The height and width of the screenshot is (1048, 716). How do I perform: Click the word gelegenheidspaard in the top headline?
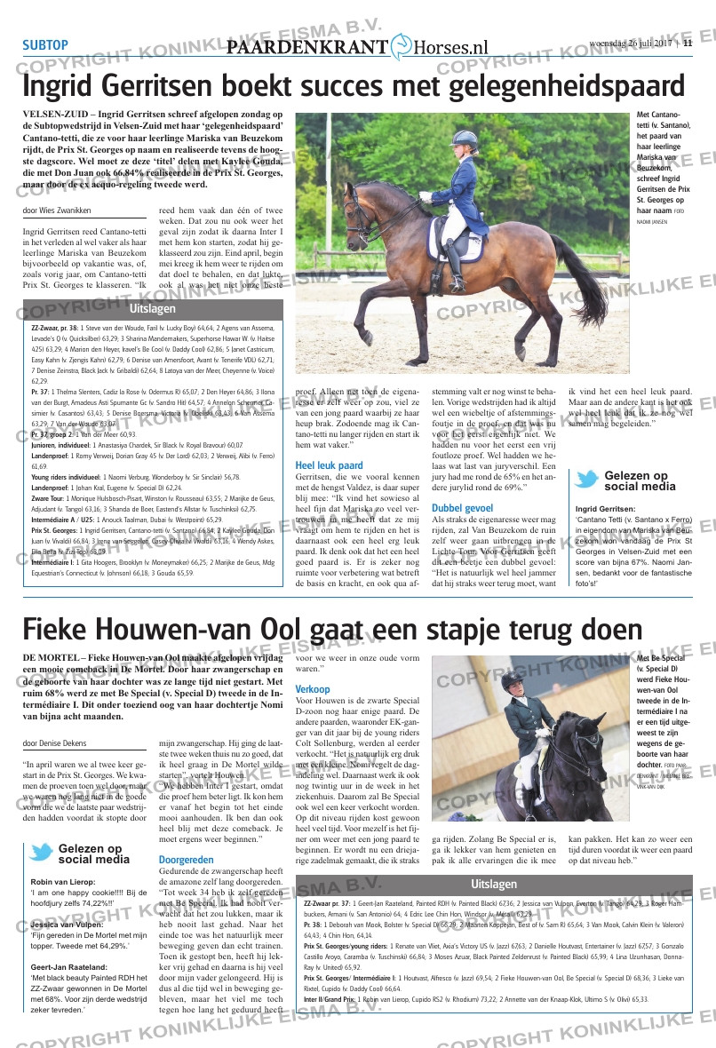(x=569, y=87)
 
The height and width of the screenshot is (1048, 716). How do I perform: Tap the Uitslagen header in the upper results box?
(x=153, y=309)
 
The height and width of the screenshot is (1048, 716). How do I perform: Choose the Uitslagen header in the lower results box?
(x=493, y=859)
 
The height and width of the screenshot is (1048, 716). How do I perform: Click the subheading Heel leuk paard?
(x=329, y=464)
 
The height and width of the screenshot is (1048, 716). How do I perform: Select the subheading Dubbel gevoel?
(x=461, y=507)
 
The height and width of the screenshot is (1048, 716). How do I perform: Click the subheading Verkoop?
(x=312, y=688)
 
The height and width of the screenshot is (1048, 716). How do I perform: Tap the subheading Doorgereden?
(x=186, y=860)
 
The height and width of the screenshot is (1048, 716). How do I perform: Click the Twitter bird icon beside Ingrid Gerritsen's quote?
(x=585, y=479)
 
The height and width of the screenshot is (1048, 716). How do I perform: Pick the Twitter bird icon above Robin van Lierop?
(x=41, y=853)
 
